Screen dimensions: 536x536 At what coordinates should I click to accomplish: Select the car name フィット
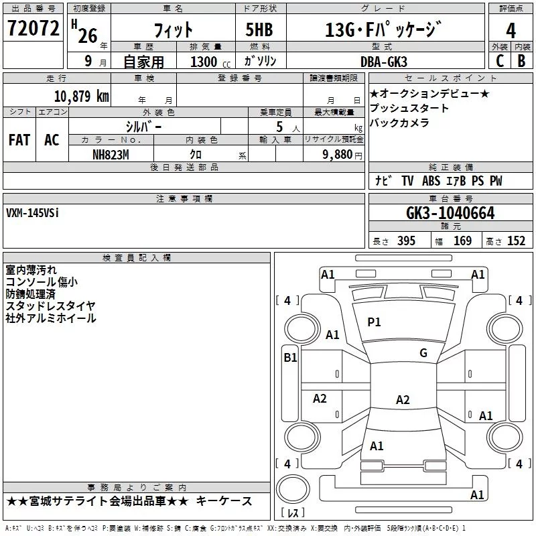[173, 30]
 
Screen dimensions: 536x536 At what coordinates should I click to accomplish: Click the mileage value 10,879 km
[81, 96]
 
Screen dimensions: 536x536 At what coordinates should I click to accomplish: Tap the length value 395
[405, 241]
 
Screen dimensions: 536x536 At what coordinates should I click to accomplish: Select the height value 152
[516, 241]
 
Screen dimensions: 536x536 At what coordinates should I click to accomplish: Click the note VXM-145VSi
[32, 214]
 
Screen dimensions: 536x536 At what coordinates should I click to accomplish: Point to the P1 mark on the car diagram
[374, 322]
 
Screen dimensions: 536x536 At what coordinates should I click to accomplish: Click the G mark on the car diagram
[423, 353]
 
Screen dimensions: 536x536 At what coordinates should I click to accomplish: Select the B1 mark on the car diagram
[290, 358]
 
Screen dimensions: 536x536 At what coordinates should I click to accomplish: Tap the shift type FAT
[19, 140]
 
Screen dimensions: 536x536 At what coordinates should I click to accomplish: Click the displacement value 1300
[203, 62]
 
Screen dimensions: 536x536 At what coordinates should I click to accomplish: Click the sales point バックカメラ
[399, 123]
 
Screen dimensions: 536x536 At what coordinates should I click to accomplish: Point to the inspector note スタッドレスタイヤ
[50, 306]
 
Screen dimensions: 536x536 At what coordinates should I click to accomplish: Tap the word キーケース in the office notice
[228, 501]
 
